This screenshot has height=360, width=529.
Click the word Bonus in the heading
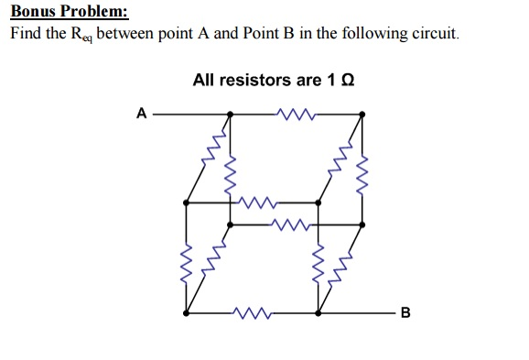pos(33,14)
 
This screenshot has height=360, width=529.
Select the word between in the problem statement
pos(143,35)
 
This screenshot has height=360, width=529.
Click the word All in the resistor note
pos(204,80)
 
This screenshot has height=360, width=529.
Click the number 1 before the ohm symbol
pos(330,80)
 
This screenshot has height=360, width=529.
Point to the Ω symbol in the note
pos(346,80)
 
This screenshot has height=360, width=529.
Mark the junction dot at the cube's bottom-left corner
pos(187,313)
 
